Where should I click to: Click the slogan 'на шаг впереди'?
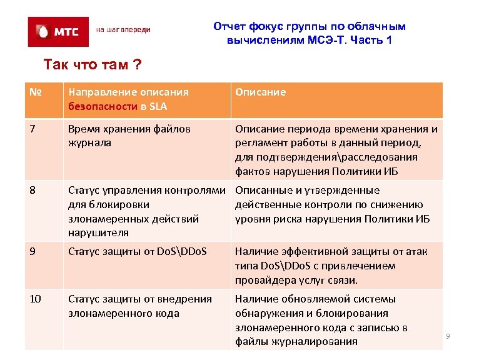click(123, 30)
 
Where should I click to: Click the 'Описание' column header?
click(260, 92)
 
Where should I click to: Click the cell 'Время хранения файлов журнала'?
click(129, 136)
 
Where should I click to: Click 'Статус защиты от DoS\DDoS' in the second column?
click(137, 252)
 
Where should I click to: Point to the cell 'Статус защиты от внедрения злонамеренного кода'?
click(139, 306)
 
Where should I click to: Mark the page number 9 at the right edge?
click(448, 337)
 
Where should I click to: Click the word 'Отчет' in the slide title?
click(230, 26)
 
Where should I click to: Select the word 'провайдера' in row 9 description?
click(264, 280)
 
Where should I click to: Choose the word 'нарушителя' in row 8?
click(98, 233)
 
